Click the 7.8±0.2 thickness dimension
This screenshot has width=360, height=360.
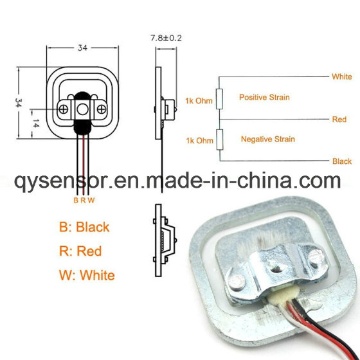click(166, 38)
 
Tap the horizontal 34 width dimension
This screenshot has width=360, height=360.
click(82, 48)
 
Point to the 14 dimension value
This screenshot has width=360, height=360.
click(36, 123)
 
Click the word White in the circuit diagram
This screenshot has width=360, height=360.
click(341, 76)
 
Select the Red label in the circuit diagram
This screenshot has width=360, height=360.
click(339, 120)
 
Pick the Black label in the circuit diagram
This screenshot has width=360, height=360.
click(342, 161)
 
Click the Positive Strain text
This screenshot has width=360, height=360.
click(264, 97)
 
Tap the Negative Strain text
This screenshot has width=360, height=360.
click(268, 139)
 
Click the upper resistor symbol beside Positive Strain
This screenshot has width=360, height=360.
click(219, 99)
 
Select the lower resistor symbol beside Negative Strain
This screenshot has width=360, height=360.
click(220, 139)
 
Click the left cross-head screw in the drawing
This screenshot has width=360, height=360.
click(64, 109)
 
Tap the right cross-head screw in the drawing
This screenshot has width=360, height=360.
click(102, 109)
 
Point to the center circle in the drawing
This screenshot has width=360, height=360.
click(83, 109)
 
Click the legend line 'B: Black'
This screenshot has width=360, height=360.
click(84, 227)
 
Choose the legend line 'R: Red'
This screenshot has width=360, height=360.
click(80, 251)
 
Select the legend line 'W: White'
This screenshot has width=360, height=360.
click(87, 275)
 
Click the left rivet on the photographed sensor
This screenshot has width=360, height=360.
click(237, 282)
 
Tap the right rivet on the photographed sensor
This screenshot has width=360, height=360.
click(316, 256)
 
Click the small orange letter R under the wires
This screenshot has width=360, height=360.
click(83, 201)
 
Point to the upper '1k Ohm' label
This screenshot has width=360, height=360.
click(199, 101)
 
